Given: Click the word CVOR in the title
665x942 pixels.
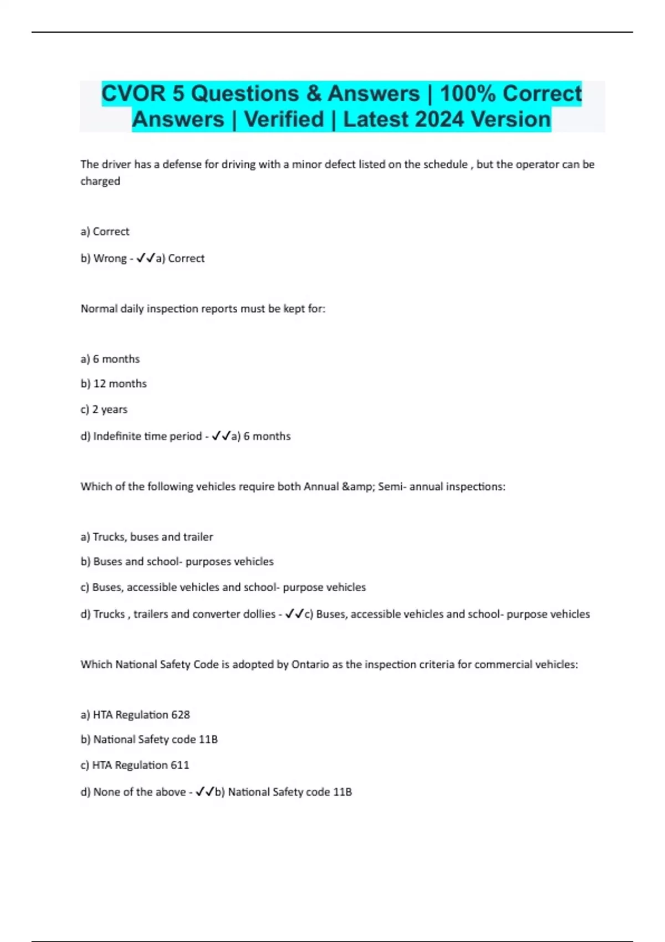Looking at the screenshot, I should (134, 94).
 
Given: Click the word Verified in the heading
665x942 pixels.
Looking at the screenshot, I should (284, 120).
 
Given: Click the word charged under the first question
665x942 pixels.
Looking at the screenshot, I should (100, 181).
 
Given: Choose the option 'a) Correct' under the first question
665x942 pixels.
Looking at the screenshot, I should (105, 232).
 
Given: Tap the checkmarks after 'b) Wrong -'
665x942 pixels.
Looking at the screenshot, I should (145, 258).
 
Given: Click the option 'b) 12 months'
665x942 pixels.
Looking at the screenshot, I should (114, 383).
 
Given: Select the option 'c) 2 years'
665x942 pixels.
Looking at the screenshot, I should (104, 409).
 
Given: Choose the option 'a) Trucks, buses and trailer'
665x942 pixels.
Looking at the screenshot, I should (147, 537).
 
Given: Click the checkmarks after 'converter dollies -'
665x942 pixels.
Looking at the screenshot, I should (294, 614).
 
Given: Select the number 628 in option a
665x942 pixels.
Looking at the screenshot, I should (181, 715).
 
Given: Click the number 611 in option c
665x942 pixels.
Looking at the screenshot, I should (180, 765).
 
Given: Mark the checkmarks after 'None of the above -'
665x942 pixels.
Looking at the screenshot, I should (205, 792).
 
